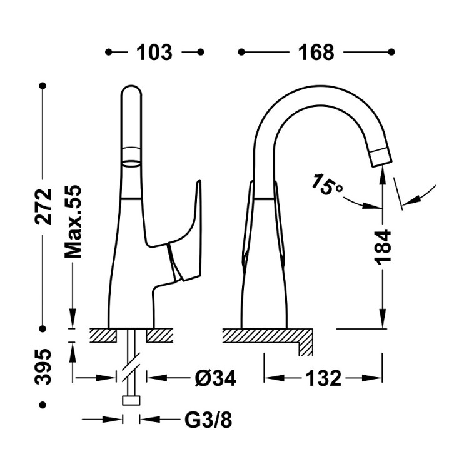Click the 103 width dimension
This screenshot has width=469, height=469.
coord(154,53)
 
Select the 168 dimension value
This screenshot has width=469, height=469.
coord(316,53)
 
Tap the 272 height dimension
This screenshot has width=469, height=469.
coord(43,207)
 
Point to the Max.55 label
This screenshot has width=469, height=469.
coord(73,221)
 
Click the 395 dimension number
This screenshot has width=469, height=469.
coord(43,366)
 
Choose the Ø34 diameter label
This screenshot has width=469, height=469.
coord(216,378)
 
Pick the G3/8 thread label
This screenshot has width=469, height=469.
coord(208,420)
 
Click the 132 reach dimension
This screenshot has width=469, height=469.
coord(323,378)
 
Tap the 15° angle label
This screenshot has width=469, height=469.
coord(327,184)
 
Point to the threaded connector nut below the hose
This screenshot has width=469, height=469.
coord(131,400)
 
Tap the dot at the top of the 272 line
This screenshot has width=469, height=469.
coord(43,86)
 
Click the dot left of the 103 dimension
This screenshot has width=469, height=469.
coord(109,52)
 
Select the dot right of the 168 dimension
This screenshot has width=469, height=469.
coord(391,52)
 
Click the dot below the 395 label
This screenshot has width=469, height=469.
coord(43,405)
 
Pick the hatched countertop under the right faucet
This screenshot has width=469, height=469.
coord(268,336)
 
